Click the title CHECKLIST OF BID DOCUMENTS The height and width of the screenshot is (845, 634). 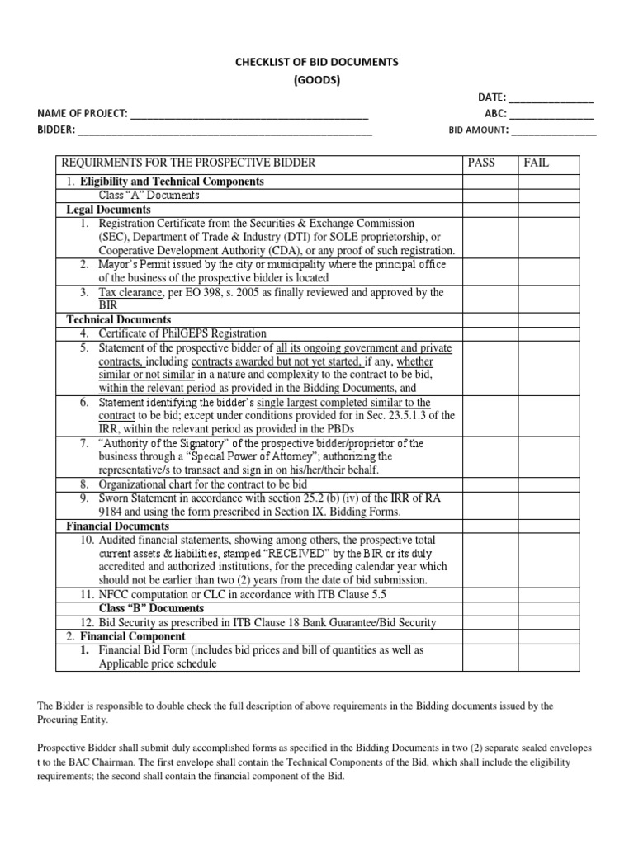(x=318, y=62)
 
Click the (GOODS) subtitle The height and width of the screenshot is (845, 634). (x=318, y=80)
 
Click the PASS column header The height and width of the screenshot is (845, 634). (x=481, y=163)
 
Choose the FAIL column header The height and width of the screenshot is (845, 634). (x=536, y=163)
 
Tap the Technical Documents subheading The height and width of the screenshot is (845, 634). (x=118, y=319)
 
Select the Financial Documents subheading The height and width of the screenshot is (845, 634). (x=117, y=526)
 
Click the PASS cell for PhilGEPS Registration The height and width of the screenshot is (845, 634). (x=489, y=333)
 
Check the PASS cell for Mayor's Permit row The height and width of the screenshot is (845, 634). (x=489, y=271)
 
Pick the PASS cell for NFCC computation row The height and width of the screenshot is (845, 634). (x=489, y=594)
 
